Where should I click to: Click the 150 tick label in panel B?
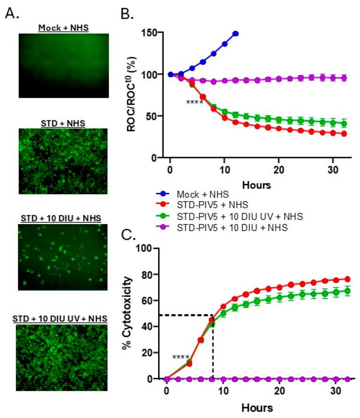point(149,33)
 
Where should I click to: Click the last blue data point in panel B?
point(236,34)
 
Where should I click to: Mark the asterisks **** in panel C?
point(181,357)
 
